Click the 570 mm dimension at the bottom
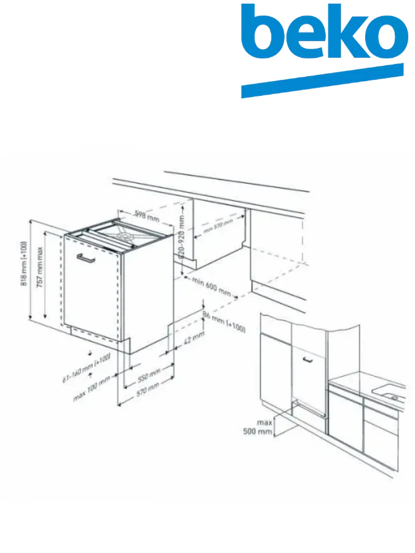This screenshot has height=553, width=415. pyautogui.click(x=147, y=387)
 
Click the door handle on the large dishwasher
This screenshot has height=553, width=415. pyautogui.click(x=86, y=258)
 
